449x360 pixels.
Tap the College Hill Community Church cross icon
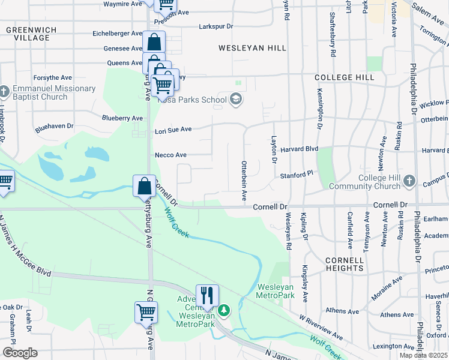(409, 181)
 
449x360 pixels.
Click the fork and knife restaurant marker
(207, 295)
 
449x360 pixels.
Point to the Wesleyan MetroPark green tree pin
(223, 310)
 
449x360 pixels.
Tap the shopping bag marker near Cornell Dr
(145, 185)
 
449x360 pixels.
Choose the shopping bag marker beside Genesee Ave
(154, 42)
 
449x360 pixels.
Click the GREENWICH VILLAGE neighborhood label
(28, 33)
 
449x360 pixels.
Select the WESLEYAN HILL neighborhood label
(252, 47)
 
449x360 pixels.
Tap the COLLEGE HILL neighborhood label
(345, 77)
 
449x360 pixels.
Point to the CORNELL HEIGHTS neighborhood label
(345, 264)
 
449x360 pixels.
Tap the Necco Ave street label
(170, 155)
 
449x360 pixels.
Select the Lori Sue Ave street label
(173, 129)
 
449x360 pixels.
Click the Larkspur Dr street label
(215, 26)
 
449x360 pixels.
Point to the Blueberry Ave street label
(122, 118)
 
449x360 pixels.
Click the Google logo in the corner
(20, 353)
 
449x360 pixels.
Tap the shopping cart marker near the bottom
(146, 312)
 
